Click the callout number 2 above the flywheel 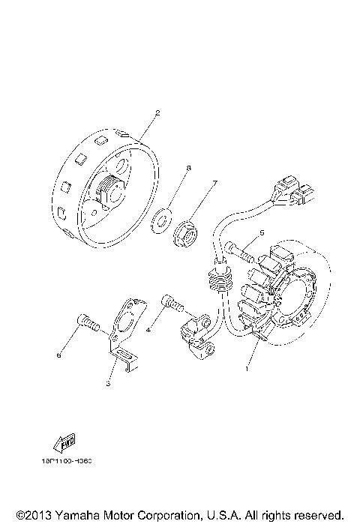pyautogui.click(x=157, y=113)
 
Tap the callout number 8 pyautogui.click(x=188, y=169)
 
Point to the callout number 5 pyautogui.click(x=261, y=233)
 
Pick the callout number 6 pyautogui.click(x=58, y=357)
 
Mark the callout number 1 pyautogui.click(x=245, y=369)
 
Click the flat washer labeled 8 pyautogui.click(x=160, y=222)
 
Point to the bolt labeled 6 pyautogui.click(x=88, y=325)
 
